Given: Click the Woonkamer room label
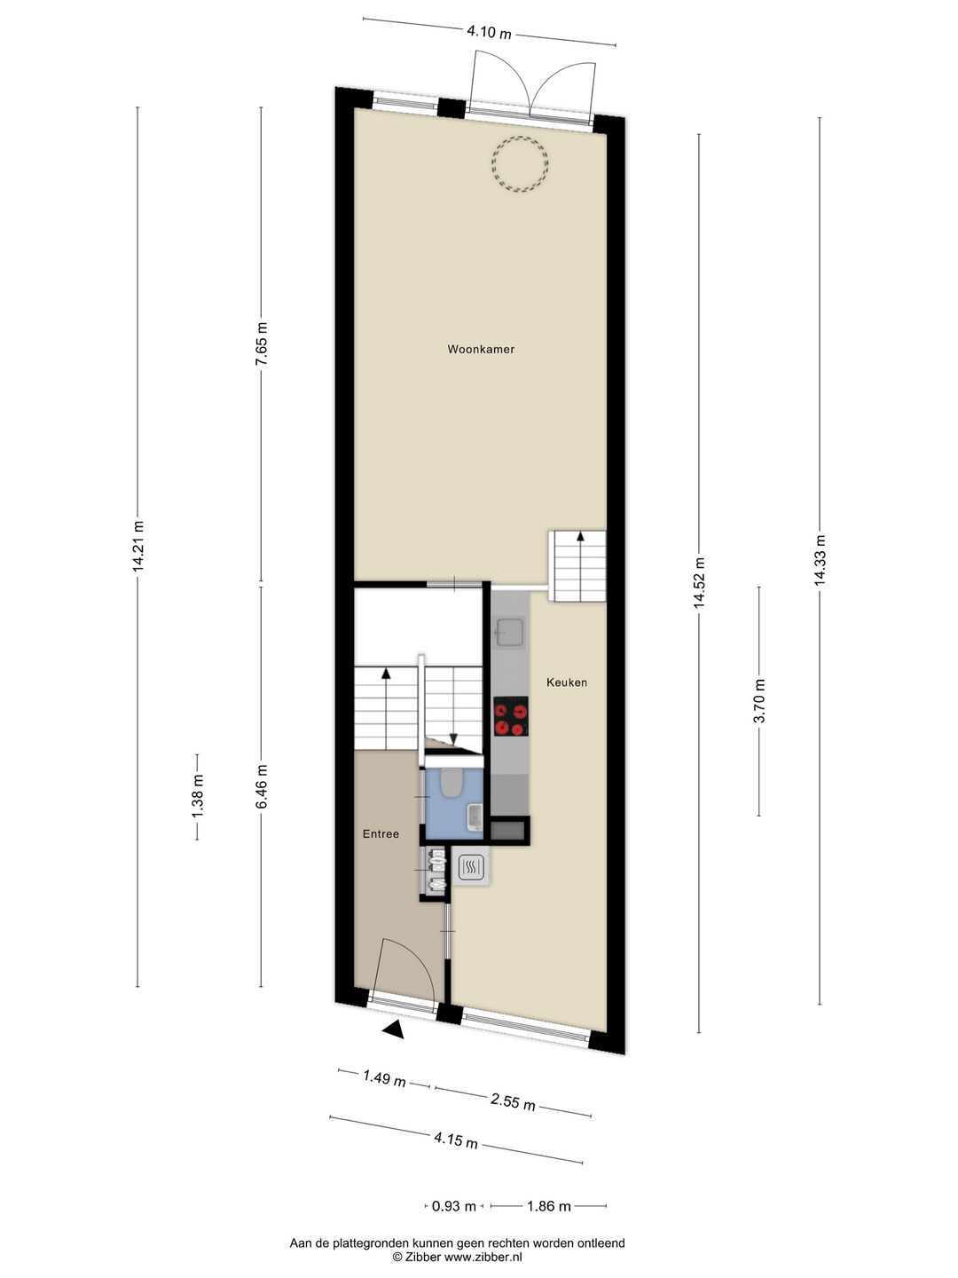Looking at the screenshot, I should point(481,350).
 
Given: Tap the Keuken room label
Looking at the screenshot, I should point(567,682).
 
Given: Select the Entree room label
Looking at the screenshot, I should point(381,834).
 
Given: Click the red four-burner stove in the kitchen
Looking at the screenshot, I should point(510,717).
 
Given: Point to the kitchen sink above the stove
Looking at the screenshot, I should point(510,632).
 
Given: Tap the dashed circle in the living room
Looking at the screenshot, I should point(521,164).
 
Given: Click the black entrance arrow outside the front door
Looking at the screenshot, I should point(393,1029).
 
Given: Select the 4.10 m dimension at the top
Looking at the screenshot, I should point(490,34).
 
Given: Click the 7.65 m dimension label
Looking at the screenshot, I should point(261,345).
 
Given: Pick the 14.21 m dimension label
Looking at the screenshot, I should point(137,547).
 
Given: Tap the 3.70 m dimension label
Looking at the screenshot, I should point(759,701).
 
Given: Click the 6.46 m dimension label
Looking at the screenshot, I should point(261,786).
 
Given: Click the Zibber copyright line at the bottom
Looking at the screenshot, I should point(458,1257).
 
